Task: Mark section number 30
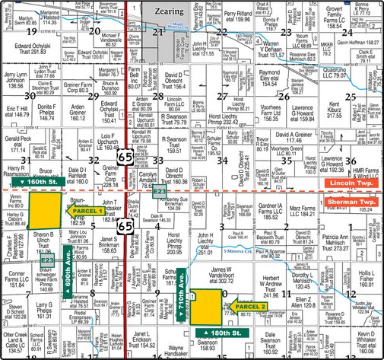30,96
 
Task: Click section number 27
222,97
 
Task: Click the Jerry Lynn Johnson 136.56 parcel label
15,81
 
